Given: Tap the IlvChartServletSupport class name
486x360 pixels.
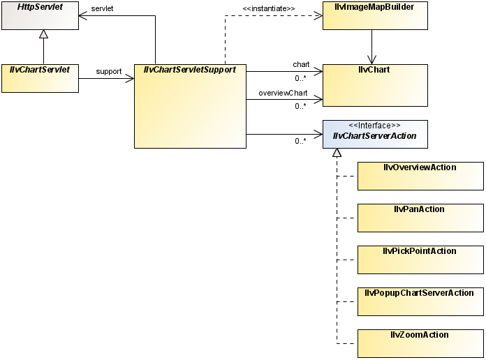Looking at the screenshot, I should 190,70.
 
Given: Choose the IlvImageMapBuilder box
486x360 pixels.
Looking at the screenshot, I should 375,15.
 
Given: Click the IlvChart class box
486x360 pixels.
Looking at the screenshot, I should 375,85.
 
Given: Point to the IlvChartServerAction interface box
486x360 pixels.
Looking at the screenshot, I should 375,134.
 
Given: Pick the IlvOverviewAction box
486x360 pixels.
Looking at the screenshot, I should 420,176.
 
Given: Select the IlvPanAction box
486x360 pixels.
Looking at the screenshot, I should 420,218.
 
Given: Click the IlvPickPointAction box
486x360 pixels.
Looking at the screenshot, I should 420,260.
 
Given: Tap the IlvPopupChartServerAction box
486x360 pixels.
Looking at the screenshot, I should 420,301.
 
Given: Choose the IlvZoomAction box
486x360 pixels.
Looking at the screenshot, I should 420,343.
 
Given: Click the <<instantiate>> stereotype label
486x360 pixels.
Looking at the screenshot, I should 268,8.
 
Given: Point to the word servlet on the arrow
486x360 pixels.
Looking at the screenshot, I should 102,8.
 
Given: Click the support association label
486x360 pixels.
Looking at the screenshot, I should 109,71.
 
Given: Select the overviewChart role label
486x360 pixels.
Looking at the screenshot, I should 283,92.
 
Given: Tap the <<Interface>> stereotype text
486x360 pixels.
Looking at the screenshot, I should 374,126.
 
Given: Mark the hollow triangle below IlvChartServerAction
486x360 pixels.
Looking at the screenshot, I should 337,153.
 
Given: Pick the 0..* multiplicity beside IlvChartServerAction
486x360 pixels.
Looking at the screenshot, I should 300,141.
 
